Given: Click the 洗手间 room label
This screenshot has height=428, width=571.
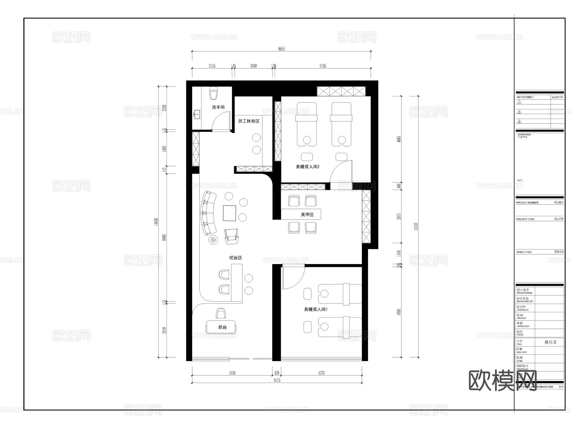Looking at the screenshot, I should click(x=218, y=107).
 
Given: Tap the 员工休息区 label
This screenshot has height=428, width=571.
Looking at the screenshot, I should click(x=249, y=121).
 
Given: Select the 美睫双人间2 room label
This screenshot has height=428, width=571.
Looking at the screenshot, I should click(x=307, y=166).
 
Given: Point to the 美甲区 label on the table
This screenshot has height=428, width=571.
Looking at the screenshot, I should click(x=307, y=215).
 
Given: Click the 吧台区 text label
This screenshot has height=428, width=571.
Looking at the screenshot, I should click(x=236, y=258).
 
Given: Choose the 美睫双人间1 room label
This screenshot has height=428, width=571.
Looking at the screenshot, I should click(x=316, y=309).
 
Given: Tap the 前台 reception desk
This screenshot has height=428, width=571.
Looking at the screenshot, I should click(x=222, y=327).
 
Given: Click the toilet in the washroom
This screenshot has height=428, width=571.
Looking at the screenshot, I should click(x=213, y=93).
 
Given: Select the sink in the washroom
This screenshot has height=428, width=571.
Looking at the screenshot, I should click(x=197, y=114).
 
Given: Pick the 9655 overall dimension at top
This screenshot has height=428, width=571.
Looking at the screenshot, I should click(x=281, y=49).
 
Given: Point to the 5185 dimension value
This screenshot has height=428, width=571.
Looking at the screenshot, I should click(x=323, y=66).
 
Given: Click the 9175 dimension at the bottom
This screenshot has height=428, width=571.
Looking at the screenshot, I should click(x=277, y=380).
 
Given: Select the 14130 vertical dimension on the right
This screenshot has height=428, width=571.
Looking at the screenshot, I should click(x=416, y=227).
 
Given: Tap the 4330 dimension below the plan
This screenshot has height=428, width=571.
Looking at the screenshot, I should click(x=232, y=373).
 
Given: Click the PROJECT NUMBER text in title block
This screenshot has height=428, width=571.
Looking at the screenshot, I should click(x=527, y=203).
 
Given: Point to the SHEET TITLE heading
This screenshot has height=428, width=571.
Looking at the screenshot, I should click(x=524, y=252).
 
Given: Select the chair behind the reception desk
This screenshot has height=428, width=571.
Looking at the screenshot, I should click(x=221, y=313).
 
